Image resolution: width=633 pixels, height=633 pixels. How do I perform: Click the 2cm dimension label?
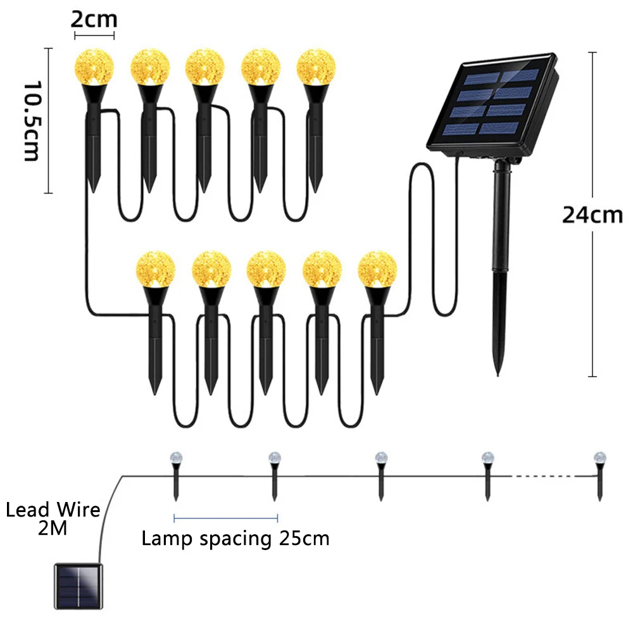tap(93, 19)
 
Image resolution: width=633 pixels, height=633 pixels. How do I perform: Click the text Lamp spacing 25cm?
tap(235, 539)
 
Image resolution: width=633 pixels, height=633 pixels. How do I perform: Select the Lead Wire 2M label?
tap(53, 518)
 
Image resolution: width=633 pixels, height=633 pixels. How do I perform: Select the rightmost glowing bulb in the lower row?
tap(377, 268)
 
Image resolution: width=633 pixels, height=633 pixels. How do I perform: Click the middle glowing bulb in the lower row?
tap(266, 268)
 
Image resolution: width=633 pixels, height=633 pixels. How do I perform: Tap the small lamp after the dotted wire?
tap(599, 475)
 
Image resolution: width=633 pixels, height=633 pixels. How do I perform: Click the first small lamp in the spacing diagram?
tap(175, 475)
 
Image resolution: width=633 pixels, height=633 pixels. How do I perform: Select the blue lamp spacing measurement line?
tap(225, 518)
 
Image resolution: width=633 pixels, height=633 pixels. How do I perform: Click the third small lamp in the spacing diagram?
tap(380, 475)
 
